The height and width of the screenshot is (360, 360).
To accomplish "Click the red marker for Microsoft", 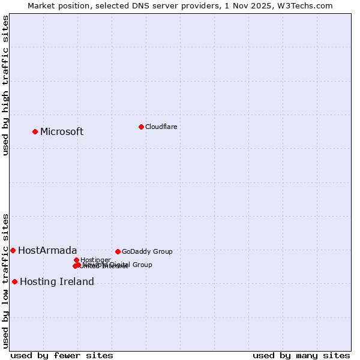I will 35,131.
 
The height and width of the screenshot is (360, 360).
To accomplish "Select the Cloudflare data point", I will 141,127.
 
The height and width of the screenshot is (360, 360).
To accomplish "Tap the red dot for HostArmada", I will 13,250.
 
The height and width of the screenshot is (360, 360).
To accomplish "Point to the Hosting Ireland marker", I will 14,281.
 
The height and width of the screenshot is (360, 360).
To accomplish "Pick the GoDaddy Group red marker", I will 118,251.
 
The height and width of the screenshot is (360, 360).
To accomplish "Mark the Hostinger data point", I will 76,260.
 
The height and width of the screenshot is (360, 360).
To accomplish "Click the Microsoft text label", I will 62,132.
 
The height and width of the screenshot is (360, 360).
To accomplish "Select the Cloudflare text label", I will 161,127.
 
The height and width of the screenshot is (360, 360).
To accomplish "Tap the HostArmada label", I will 47,251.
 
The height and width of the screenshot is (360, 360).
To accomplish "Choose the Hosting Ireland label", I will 57,282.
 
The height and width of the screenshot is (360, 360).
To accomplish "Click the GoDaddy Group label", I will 147,251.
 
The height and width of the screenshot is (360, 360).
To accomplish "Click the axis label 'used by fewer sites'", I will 62,355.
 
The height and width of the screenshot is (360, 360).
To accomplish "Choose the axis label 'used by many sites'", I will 301,355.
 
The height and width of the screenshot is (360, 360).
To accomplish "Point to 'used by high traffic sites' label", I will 5,85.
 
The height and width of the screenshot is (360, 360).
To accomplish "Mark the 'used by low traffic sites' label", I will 5,280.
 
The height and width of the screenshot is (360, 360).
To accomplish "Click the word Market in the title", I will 42,5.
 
